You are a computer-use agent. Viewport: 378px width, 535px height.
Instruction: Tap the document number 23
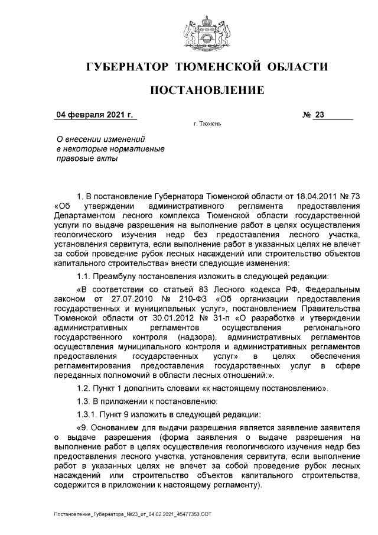320,115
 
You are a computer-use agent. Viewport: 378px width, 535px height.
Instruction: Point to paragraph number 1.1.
85,277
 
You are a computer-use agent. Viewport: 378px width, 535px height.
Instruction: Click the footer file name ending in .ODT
132,514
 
